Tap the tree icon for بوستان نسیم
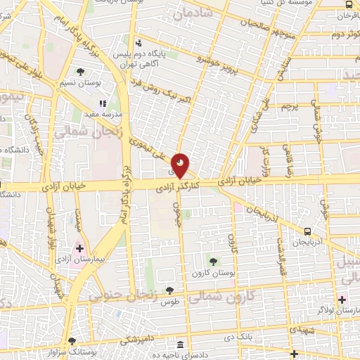click(x=81, y=72)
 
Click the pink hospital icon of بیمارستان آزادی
click(x=79, y=247)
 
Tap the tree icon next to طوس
click(x=169, y=290)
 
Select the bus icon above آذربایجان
click(x=307, y=231)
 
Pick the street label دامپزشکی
click(x=127, y=340)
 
